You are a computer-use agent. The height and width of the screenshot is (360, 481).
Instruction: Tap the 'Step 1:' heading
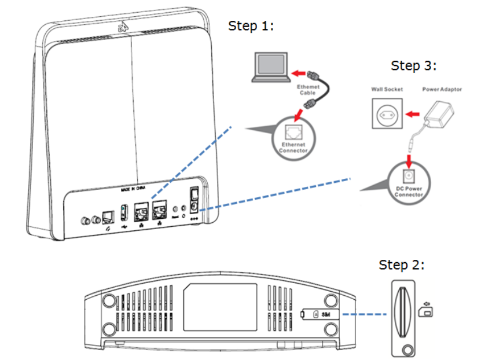(x=251, y=25)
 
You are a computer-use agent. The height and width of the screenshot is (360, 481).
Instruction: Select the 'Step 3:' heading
(x=413, y=65)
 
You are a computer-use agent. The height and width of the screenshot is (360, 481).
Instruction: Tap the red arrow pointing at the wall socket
(x=412, y=114)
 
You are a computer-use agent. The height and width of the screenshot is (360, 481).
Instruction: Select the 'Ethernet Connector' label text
(x=293, y=148)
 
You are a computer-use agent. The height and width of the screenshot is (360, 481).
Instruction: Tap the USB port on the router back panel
(x=123, y=212)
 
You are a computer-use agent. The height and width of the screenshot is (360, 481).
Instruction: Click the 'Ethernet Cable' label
(x=308, y=89)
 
